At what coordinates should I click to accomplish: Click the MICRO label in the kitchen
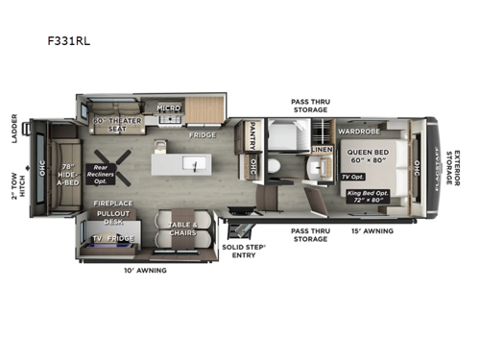(169, 108)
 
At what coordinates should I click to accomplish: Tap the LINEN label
(322, 150)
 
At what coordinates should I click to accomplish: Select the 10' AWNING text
(145, 271)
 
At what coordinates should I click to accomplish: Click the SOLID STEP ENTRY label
(244, 252)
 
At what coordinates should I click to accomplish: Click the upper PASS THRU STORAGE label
(310, 105)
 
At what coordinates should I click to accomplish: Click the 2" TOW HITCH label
(12, 179)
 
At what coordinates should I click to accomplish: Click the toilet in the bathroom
(275, 165)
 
